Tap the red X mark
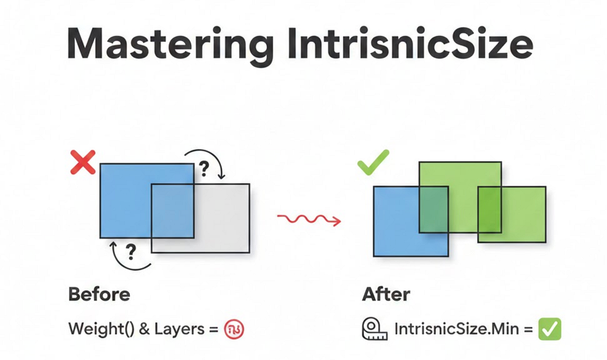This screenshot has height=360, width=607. click(83, 162)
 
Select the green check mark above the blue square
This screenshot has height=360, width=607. click(373, 162)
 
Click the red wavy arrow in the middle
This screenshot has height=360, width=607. click(309, 220)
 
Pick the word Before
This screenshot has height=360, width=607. click(100, 294)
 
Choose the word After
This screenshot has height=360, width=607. click(386, 294)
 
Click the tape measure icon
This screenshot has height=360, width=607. click(374, 329)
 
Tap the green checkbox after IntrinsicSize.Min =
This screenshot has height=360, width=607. click(549, 329)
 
